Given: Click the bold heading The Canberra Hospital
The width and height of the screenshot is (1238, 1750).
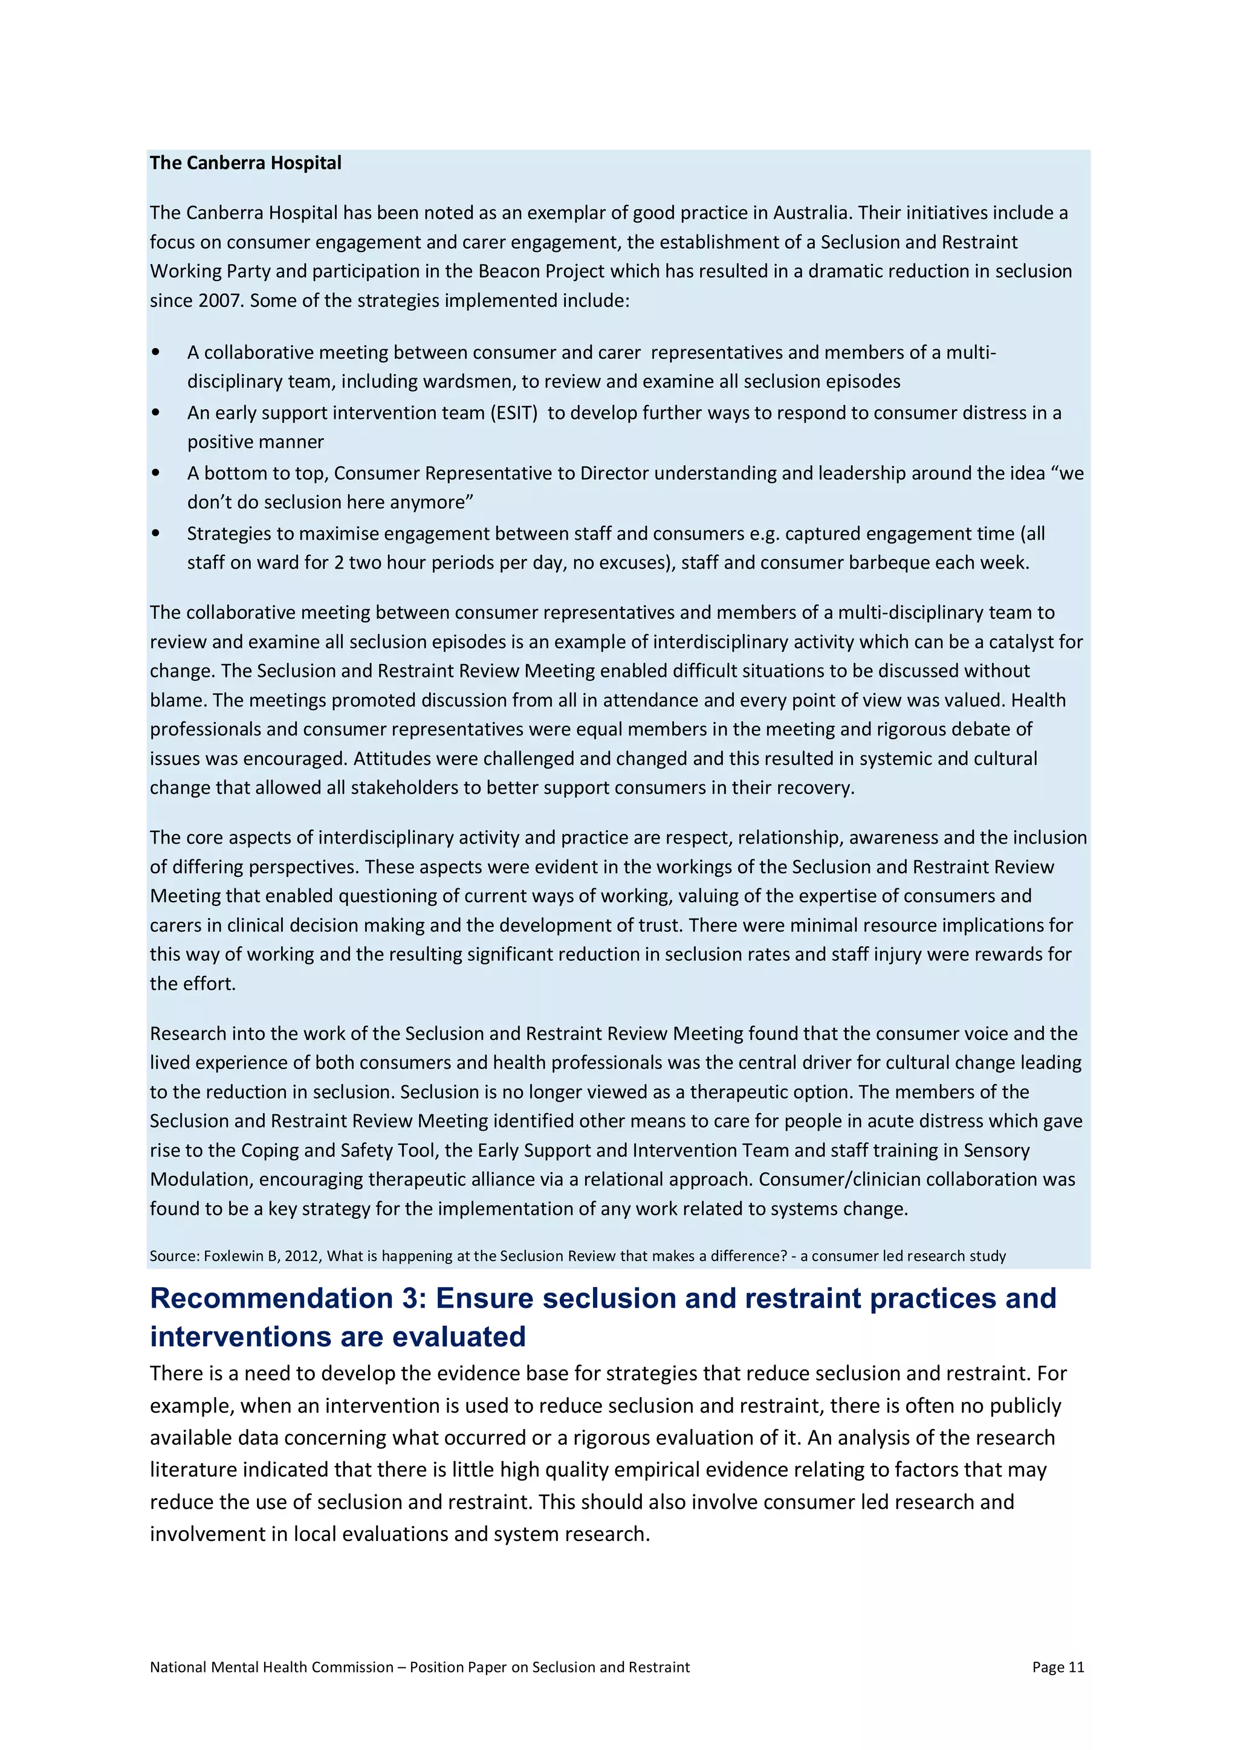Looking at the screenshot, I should coord(245,163).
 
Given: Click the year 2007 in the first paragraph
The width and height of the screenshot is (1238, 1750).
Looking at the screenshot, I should coord(219,300).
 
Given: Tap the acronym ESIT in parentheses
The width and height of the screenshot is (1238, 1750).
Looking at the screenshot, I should coord(514,413).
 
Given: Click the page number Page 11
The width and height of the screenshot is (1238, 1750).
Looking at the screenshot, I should coord(1057,1667).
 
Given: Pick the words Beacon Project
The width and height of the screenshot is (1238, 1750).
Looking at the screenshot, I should coord(541,271).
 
